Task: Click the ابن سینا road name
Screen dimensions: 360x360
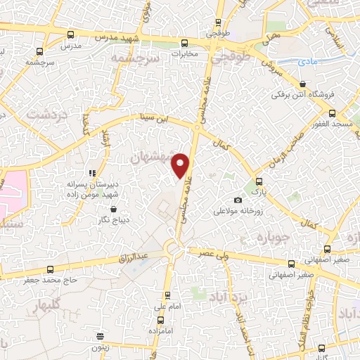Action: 153,120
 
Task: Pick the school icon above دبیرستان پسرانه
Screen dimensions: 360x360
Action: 91,173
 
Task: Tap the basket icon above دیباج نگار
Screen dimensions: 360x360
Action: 112,209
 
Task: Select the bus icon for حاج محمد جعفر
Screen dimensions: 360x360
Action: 49,269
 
